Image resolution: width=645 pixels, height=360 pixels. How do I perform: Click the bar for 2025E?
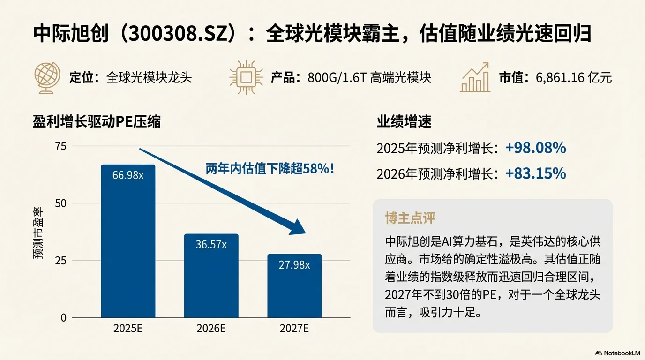[x=128, y=244]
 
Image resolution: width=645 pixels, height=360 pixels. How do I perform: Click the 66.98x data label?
[x=128, y=175]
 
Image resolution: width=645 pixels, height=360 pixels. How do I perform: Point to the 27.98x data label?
[x=294, y=265]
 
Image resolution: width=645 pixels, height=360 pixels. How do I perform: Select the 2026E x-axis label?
[x=211, y=329]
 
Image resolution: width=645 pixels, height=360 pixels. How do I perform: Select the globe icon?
[x=46, y=77]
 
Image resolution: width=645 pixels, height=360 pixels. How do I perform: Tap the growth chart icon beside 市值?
[x=475, y=77]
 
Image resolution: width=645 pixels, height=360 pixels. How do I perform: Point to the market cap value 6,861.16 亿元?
[x=574, y=78]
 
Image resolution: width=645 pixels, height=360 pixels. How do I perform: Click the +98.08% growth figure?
[x=535, y=149]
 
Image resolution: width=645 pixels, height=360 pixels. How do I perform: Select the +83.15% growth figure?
[x=535, y=174]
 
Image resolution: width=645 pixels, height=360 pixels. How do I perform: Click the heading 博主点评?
[x=410, y=218]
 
